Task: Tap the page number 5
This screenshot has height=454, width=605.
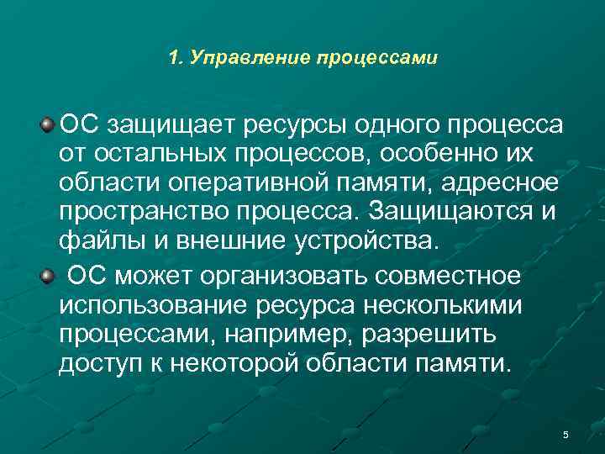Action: coord(566,434)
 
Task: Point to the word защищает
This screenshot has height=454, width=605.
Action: coord(169,128)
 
